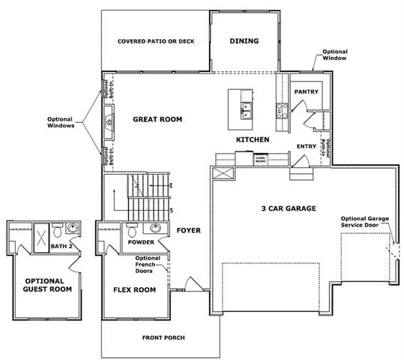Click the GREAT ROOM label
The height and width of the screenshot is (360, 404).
[157, 119]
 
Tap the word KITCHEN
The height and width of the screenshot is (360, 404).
[253, 140]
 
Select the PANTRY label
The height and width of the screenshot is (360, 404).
[307, 92]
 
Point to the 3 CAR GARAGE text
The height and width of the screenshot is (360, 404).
[288, 208]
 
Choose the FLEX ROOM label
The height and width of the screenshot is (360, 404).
[134, 289]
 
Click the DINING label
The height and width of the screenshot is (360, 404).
[244, 41]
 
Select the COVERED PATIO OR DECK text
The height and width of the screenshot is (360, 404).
[156, 41]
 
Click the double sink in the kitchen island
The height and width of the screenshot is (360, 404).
[246, 112]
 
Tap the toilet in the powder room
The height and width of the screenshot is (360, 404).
[132, 229]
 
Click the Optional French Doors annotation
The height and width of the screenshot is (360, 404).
[147, 263]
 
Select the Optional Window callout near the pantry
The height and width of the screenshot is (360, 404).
[334, 55]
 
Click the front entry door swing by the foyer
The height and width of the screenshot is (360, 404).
[190, 283]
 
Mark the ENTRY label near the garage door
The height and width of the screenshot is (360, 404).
[307, 147]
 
